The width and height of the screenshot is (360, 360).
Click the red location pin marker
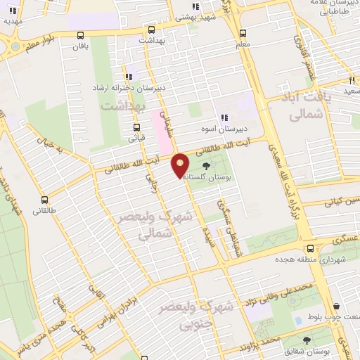[181, 165]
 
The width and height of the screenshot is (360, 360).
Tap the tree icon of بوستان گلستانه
[206, 165]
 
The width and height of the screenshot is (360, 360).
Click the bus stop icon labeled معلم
[243, 33]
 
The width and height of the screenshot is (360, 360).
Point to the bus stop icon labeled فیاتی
[136, 127]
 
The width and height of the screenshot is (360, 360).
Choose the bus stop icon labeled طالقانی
[45, 200]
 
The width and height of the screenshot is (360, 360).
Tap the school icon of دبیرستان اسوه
[224, 117]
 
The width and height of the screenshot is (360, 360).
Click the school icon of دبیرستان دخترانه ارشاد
[128, 77]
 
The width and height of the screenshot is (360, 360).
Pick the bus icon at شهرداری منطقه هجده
[311, 247]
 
